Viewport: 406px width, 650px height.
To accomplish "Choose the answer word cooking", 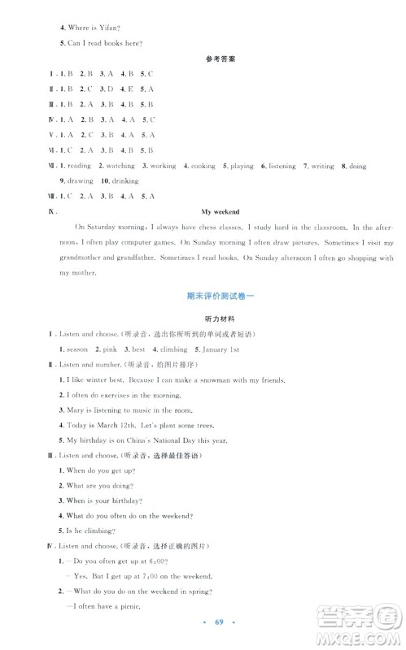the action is (203, 166).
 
